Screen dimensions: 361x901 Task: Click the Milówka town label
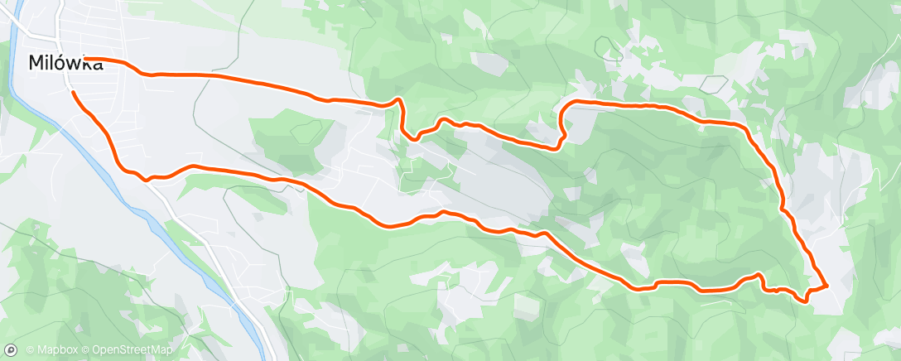click(x=65, y=62)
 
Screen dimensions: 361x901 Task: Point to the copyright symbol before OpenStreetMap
click(x=86, y=350)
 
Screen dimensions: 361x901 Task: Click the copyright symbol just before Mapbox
click(x=31, y=350)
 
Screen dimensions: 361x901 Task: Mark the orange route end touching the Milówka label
click(x=86, y=60)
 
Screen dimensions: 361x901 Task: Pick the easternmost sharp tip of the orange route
click(x=827, y=286)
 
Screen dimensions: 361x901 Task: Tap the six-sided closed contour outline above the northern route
click(x=712, y=83)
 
